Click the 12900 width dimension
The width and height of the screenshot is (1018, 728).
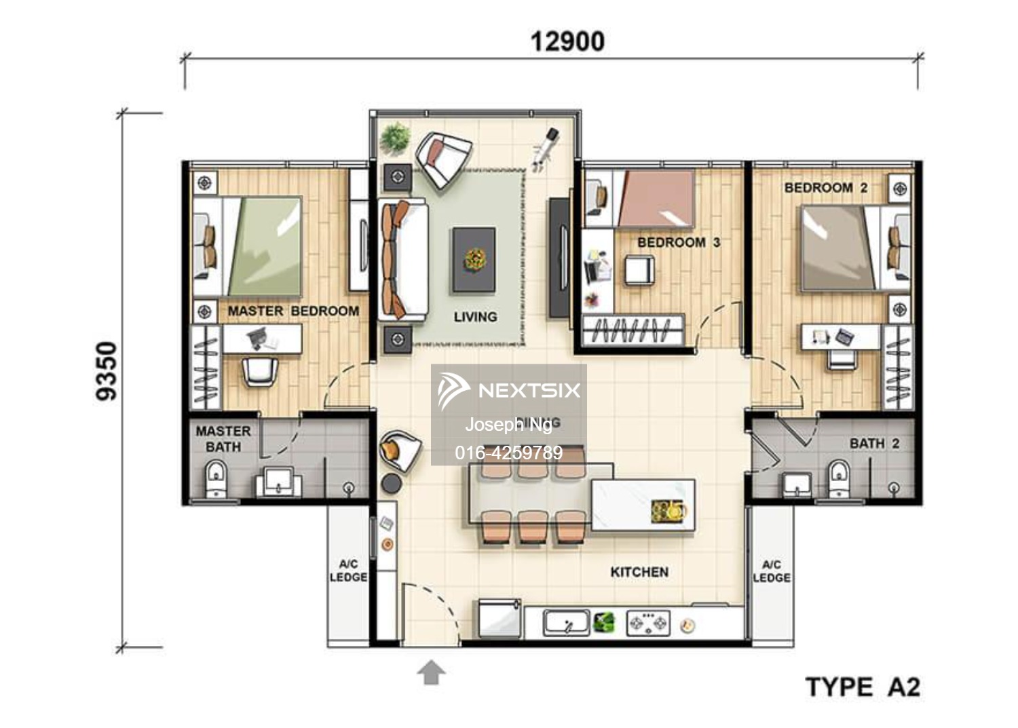point(567,41)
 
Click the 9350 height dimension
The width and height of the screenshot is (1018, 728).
point(107,371)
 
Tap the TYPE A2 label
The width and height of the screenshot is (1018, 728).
point(863,687)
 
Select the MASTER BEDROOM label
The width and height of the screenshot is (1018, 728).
point(293,311)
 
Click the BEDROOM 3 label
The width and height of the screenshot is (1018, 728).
point(678,242)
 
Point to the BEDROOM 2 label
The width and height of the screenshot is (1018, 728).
point(825,188)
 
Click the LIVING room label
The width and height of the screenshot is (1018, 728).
point(475,317)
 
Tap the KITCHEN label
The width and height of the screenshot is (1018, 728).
point(639,572)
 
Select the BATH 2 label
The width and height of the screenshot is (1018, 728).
point(874,444)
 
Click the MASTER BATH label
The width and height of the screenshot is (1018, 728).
point(223,439)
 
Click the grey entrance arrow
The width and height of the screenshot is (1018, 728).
point(431,673)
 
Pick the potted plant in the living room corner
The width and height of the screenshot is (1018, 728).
point(394,138)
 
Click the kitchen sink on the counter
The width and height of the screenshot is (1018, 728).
point(566,622)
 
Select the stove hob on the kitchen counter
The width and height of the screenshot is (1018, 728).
point(647,622)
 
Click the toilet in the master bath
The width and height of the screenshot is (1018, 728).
point(216,478)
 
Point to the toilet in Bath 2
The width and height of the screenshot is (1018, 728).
point(839,478)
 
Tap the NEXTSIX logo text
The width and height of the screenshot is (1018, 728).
point(529,390)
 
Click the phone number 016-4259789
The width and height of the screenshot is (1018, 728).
point(508,453)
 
